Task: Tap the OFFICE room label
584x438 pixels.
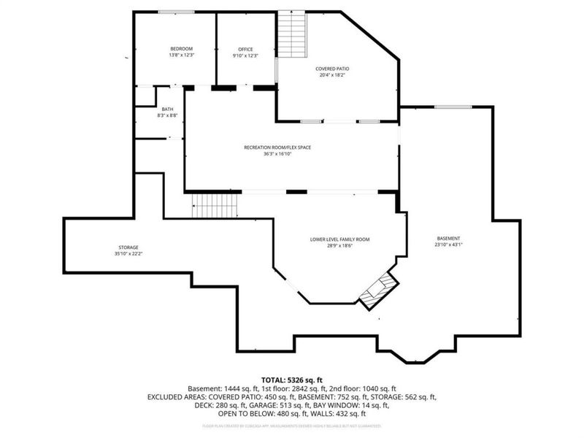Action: tap(245, 49)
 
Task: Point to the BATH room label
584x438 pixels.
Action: tap(167, 109)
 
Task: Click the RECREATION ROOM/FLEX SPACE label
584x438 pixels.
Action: tap(277, 147)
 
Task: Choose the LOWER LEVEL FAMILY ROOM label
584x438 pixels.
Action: tap(339, 239)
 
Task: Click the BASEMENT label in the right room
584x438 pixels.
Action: tap(448, 239)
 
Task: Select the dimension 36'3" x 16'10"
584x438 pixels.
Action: tap(277, 154)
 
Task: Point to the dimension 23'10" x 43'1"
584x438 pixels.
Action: tap(448, 245)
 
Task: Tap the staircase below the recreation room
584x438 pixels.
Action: tap(215, 206)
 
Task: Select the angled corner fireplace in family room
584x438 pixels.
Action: tap(378, 289)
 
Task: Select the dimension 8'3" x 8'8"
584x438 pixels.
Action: tap(167, 116)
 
